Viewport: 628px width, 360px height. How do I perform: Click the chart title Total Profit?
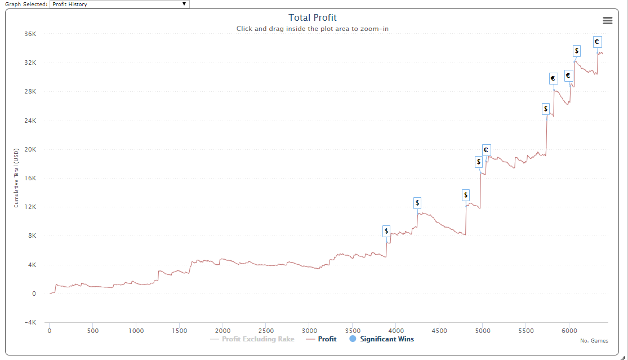click(312, 18)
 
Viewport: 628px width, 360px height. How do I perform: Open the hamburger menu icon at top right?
click(607, 20)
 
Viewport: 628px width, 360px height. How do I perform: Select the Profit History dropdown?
click(119, 4)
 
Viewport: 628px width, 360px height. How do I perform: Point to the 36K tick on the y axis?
click(30, 34)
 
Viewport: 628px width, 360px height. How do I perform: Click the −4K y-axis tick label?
click(29, 322)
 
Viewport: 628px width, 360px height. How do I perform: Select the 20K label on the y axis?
click(29, 149)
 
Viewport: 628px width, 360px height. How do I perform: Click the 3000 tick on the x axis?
click(309, 331)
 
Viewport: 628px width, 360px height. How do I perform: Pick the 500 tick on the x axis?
click(93, 331)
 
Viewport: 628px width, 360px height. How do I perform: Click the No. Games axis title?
click(594, 340)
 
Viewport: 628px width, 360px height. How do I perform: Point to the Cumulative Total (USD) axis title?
click(16, 178)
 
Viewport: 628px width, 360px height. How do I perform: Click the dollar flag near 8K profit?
click(386, 231)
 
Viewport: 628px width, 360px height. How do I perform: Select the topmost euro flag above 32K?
click(597, 42)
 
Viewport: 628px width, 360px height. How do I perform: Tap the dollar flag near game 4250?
click(417, 203)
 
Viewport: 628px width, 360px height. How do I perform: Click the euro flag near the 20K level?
click(486, 150)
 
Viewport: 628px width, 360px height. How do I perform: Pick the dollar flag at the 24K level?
click(545, 109)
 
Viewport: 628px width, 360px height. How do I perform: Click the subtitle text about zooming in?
click(312, 29)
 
